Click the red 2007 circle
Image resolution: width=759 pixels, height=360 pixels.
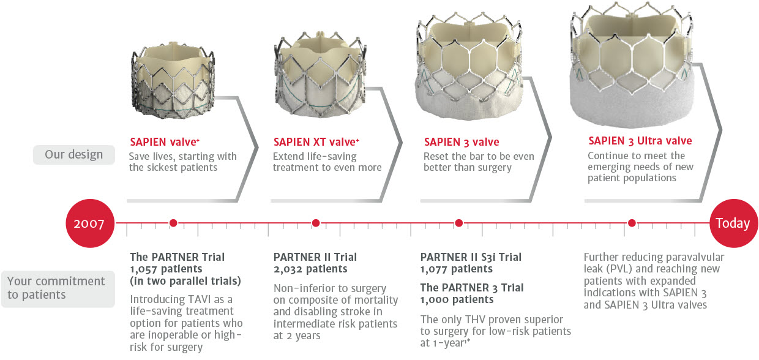(x=90, y=223)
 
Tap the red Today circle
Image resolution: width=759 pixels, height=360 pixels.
(x=733, y=223)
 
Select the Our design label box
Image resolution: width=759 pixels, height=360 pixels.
(x=74, y=154)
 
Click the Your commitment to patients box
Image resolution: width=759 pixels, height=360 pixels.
(x=58, y=288)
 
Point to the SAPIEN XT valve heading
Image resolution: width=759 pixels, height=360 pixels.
(x=316, y=141)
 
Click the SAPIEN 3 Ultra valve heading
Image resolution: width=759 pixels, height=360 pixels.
(x=640, y=141)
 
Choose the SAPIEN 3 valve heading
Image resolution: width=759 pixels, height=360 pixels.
(x=462, y=141)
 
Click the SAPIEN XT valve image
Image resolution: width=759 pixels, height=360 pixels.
(x=320, y=75)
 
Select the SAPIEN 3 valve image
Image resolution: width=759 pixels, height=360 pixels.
(x=469, y=67)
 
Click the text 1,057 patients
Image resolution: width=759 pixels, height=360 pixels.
(x=166, y=269)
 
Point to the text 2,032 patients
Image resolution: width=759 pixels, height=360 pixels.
(x=310, y=269)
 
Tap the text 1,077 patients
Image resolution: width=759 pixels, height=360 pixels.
(x=457, y=269)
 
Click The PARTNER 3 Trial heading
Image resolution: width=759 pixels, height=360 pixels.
(x=472, y=288)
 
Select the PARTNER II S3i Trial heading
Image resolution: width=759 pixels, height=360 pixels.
(x=471, y=257)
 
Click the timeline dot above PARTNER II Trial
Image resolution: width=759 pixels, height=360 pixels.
(x=316, y=223)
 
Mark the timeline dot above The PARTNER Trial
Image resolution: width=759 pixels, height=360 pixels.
(x=173, y=223)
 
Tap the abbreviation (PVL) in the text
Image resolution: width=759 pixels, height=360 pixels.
(x=619, y=269)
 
